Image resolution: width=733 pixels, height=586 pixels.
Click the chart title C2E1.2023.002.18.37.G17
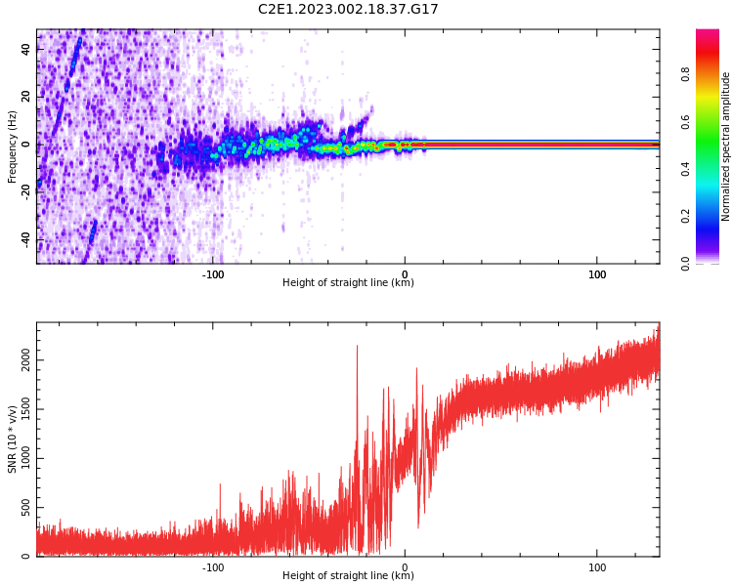[348, 9]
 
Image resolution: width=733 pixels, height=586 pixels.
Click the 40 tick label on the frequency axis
[25, 49]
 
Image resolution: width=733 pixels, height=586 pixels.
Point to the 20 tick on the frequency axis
[25, 97]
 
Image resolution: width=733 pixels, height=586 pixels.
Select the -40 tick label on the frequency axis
[25, 239]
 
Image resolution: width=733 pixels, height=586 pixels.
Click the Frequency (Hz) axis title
[12, 146]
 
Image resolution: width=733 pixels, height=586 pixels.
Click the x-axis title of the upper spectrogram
[348, 283]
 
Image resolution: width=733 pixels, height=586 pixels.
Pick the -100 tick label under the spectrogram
[212, 274]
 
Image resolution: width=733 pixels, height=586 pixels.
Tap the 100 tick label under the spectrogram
[597, 274]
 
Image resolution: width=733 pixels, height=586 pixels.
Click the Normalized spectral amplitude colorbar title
[726, 146]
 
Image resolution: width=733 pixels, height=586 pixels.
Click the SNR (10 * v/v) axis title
[12, 439]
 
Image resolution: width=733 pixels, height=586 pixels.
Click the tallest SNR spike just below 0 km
[357, 347]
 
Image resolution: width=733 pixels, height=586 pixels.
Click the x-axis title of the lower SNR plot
[348, 576]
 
